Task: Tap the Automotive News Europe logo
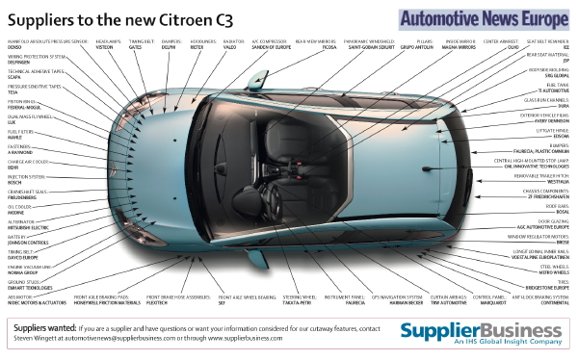click(x=486, y=17)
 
